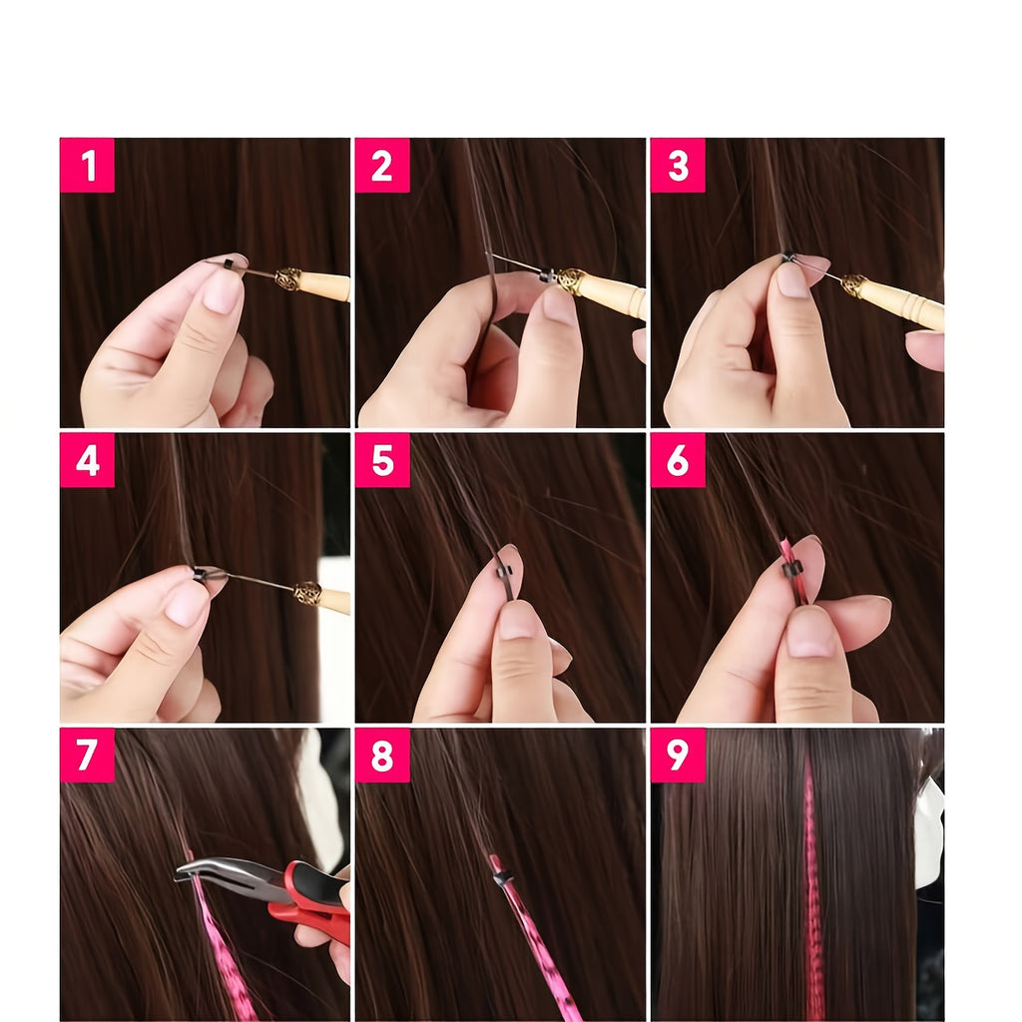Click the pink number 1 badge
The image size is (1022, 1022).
87,165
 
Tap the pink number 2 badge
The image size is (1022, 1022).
382,165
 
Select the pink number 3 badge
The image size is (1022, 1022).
678,165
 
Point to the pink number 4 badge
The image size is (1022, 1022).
87,460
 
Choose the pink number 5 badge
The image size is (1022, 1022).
382,460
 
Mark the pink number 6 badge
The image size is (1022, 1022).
678,460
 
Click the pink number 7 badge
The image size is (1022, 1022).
87,755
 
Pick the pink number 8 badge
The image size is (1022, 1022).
382,755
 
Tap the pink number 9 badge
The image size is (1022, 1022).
678,755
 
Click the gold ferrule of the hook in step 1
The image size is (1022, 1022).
288,279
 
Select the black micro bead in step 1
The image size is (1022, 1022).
229,263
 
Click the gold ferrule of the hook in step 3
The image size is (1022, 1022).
854,285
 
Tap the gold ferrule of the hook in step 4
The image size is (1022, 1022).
307,593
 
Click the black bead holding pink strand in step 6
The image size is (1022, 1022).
791,570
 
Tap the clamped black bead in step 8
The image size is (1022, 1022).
502,879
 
